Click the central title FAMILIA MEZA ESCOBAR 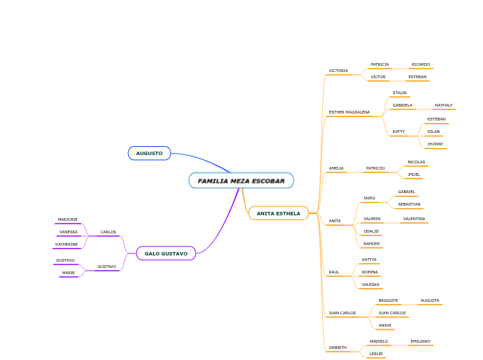(241, 181)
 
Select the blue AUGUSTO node (149, 153)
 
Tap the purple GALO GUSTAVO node (166, 253)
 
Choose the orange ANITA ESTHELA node (279, 213)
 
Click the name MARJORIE (68, 219)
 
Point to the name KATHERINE (67, 244)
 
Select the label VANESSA (69, 232)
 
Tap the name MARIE (69, 273)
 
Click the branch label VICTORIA (338, 71)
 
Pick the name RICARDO (421, 64)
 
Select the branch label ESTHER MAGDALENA (349, 112)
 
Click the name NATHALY (444, 105)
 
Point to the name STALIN (400, 93)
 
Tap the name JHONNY (435, 144)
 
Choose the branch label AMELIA (336, 168)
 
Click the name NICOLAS (416, 162)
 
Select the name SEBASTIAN (409, 204)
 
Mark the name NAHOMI (371, 244)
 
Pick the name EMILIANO (420, 341)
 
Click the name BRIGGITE (388, 300)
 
